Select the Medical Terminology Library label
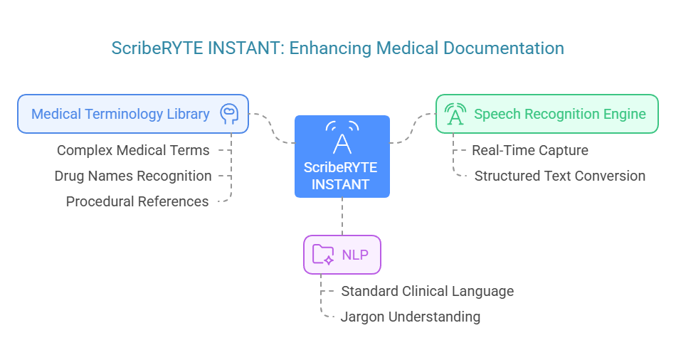[120, 114]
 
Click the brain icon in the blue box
[228, 114]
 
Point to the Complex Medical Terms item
[133, 150]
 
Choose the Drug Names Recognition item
[132, 176]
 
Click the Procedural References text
[137, 201]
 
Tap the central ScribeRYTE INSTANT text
[341, 176]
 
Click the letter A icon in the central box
[342, 141]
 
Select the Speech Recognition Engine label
[559, 114]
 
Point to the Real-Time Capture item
[529, 150]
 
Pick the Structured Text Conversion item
[559, 176]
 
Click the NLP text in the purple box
[356, 254]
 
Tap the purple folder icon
[324, 254]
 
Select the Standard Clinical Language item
[427, 291]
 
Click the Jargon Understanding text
[411, 317]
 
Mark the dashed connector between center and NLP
[342, 216]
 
